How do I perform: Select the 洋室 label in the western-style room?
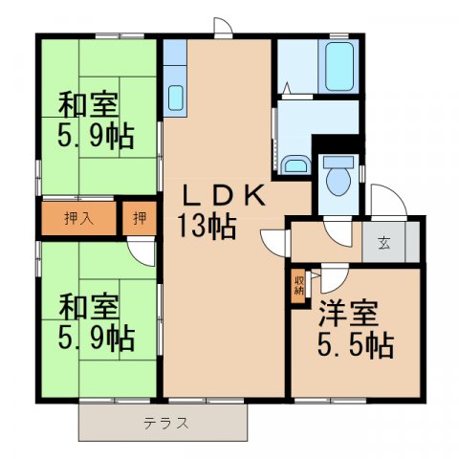coord(349,313)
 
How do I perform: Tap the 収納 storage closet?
coord(298,287)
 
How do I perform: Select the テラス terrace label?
coord(165,421)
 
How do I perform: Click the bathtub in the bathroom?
coord(339,65)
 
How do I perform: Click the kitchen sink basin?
coord(176,98)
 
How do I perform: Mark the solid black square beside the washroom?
coord(337,145)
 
